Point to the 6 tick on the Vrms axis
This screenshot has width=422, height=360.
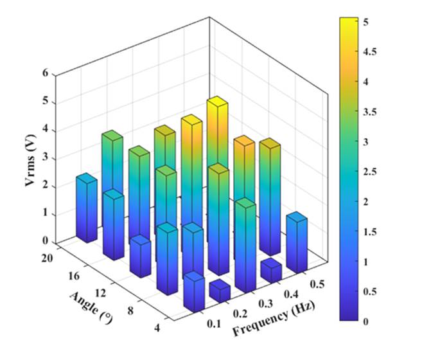tap(46, 73)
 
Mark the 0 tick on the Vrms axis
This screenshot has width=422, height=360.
tap(46, 241)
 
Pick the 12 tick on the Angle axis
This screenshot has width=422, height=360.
tap(114, 289)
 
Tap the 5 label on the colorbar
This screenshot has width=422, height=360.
tap(366, 22)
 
